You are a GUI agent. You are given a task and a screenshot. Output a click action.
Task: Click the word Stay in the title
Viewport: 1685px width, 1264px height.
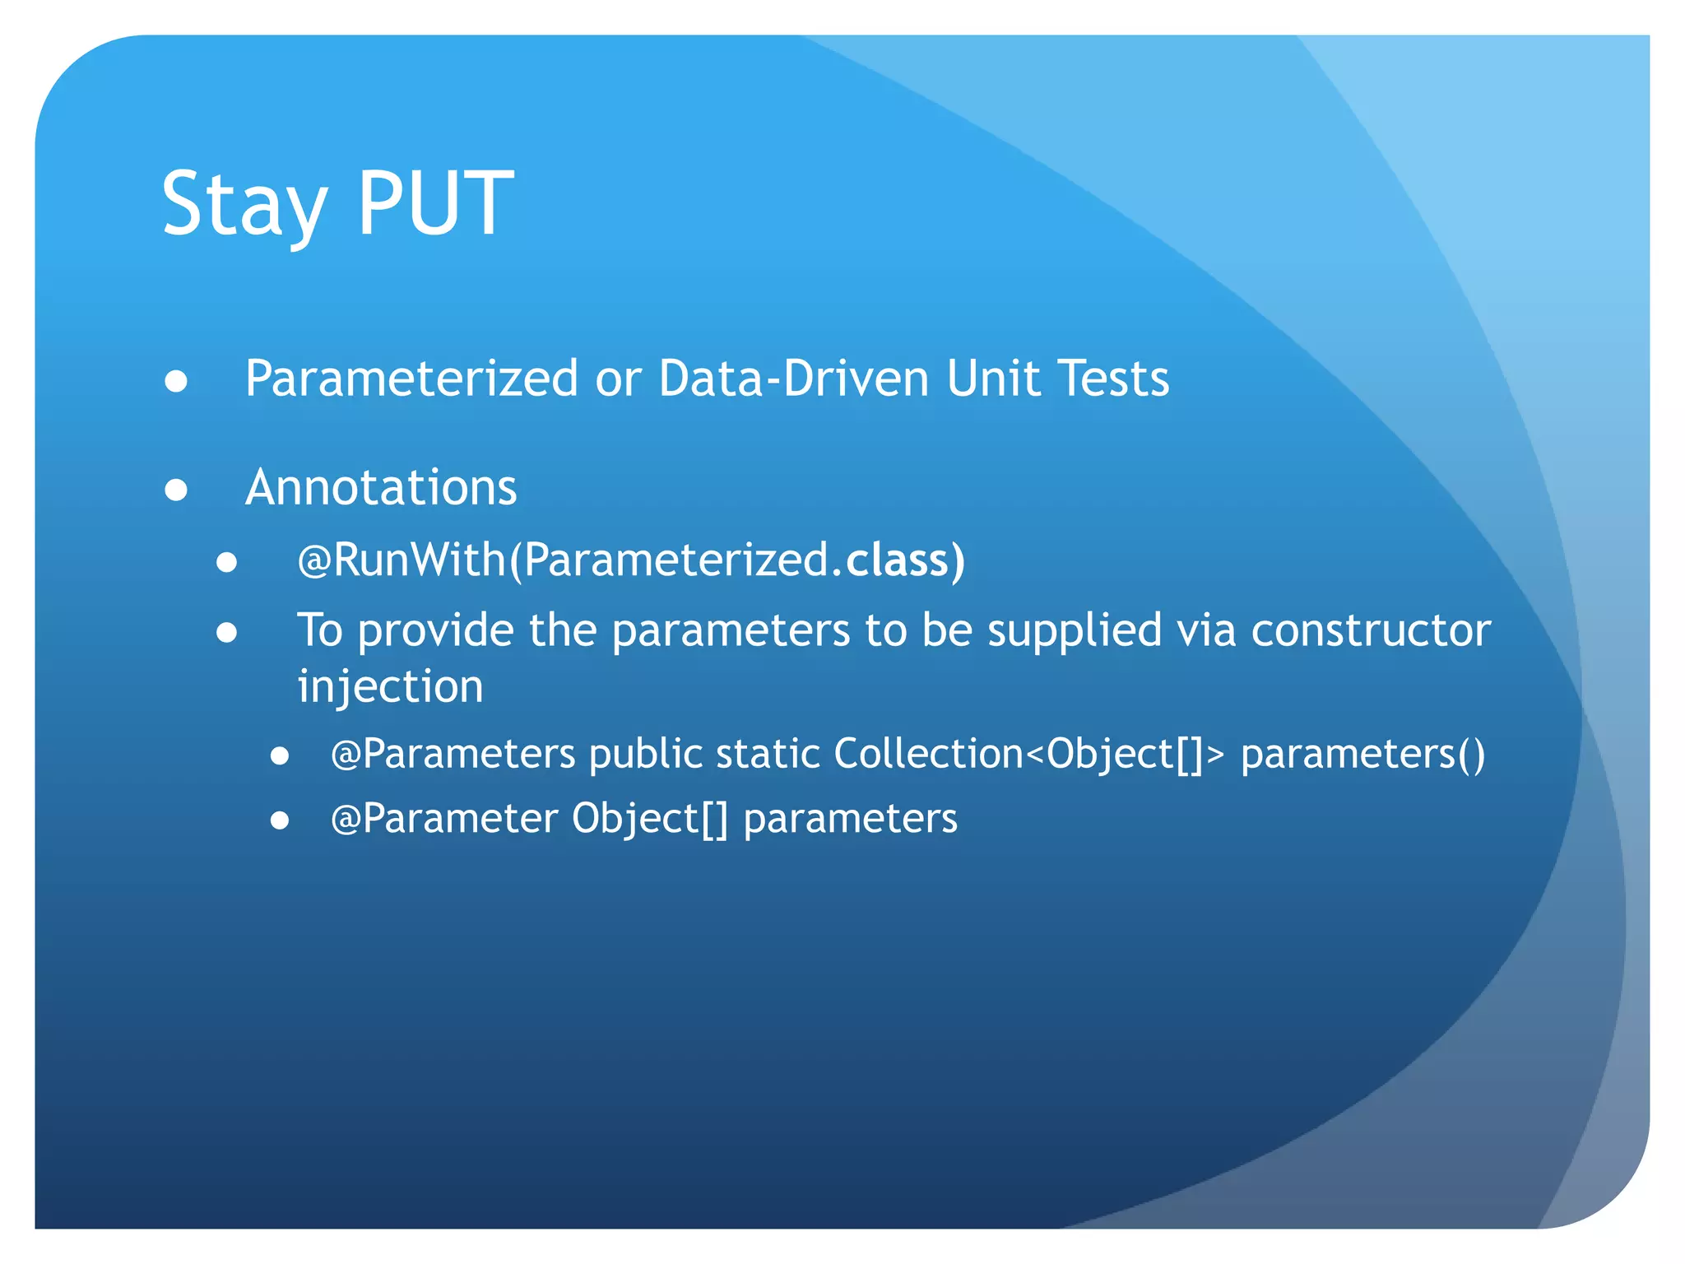click(x=244, y=204)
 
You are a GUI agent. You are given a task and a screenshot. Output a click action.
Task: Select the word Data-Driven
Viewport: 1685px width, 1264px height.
click(x=793, y=379)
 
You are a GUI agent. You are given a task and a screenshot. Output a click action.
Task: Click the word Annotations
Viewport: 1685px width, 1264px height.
click(x=381, y=487)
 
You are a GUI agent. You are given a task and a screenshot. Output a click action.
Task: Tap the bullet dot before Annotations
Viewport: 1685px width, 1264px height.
click(x=176, y=490)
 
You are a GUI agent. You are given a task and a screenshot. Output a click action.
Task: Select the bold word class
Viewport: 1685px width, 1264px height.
click(x=898, y=560)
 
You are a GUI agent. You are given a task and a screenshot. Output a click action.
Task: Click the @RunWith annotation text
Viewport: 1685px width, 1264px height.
click(x=402, y=560)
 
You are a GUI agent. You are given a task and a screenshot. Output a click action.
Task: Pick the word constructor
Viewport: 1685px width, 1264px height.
click(x=1371, y=630)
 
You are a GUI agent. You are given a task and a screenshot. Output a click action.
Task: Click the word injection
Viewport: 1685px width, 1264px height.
click(x=390, y=686)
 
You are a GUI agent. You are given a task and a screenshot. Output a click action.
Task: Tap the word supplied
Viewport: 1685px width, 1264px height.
click(x=1075, y=630)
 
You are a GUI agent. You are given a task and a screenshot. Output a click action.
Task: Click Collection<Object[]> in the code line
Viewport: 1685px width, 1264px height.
click(x=1028, y=754)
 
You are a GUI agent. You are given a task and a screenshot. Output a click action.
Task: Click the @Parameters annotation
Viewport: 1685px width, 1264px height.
click(x=453, y=754)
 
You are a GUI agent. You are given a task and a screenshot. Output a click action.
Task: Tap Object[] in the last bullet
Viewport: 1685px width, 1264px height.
click(x=650, y=819)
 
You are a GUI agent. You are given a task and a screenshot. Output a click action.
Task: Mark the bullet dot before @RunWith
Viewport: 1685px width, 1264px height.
click(x=227, y=563)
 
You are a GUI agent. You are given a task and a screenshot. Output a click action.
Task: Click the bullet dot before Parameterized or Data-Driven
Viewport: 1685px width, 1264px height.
click(x=176, y=382)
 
